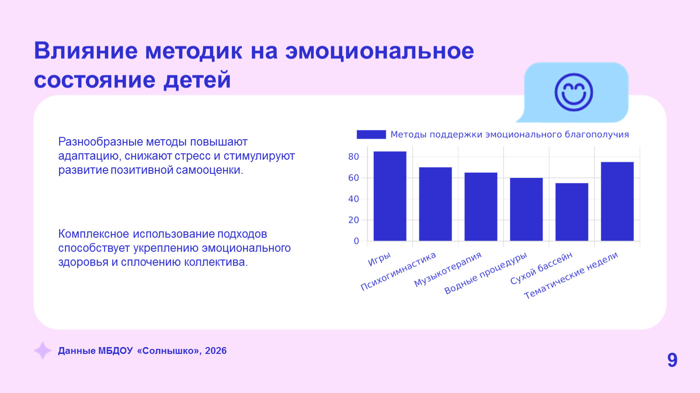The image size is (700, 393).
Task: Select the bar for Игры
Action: pos(390,196)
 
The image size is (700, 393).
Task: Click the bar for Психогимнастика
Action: pos(435,204)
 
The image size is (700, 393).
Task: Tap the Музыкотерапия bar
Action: pos(480,207)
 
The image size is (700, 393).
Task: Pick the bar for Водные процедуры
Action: pos(526,209)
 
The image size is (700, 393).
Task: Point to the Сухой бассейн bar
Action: pos(571,212)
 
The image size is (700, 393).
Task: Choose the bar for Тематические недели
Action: pos(617,202)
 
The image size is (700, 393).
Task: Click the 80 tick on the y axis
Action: pos(354,157)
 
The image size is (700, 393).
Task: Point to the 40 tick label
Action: pos(354,199)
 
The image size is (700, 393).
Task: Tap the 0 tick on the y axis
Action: pos(356,241)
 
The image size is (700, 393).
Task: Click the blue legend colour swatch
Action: pos(371,135)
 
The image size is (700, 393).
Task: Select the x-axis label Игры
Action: pos(379,259)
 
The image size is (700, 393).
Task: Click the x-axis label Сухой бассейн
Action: pos(541,268)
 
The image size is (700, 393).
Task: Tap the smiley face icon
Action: pos(574,92)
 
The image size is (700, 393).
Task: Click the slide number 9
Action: pos(672,360)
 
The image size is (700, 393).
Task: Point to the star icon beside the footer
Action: pos(43,351)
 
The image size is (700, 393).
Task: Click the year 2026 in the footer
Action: pos(215,351)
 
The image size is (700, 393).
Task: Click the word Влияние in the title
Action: pos(85,51)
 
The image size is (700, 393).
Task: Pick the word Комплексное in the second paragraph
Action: pos(94,234)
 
